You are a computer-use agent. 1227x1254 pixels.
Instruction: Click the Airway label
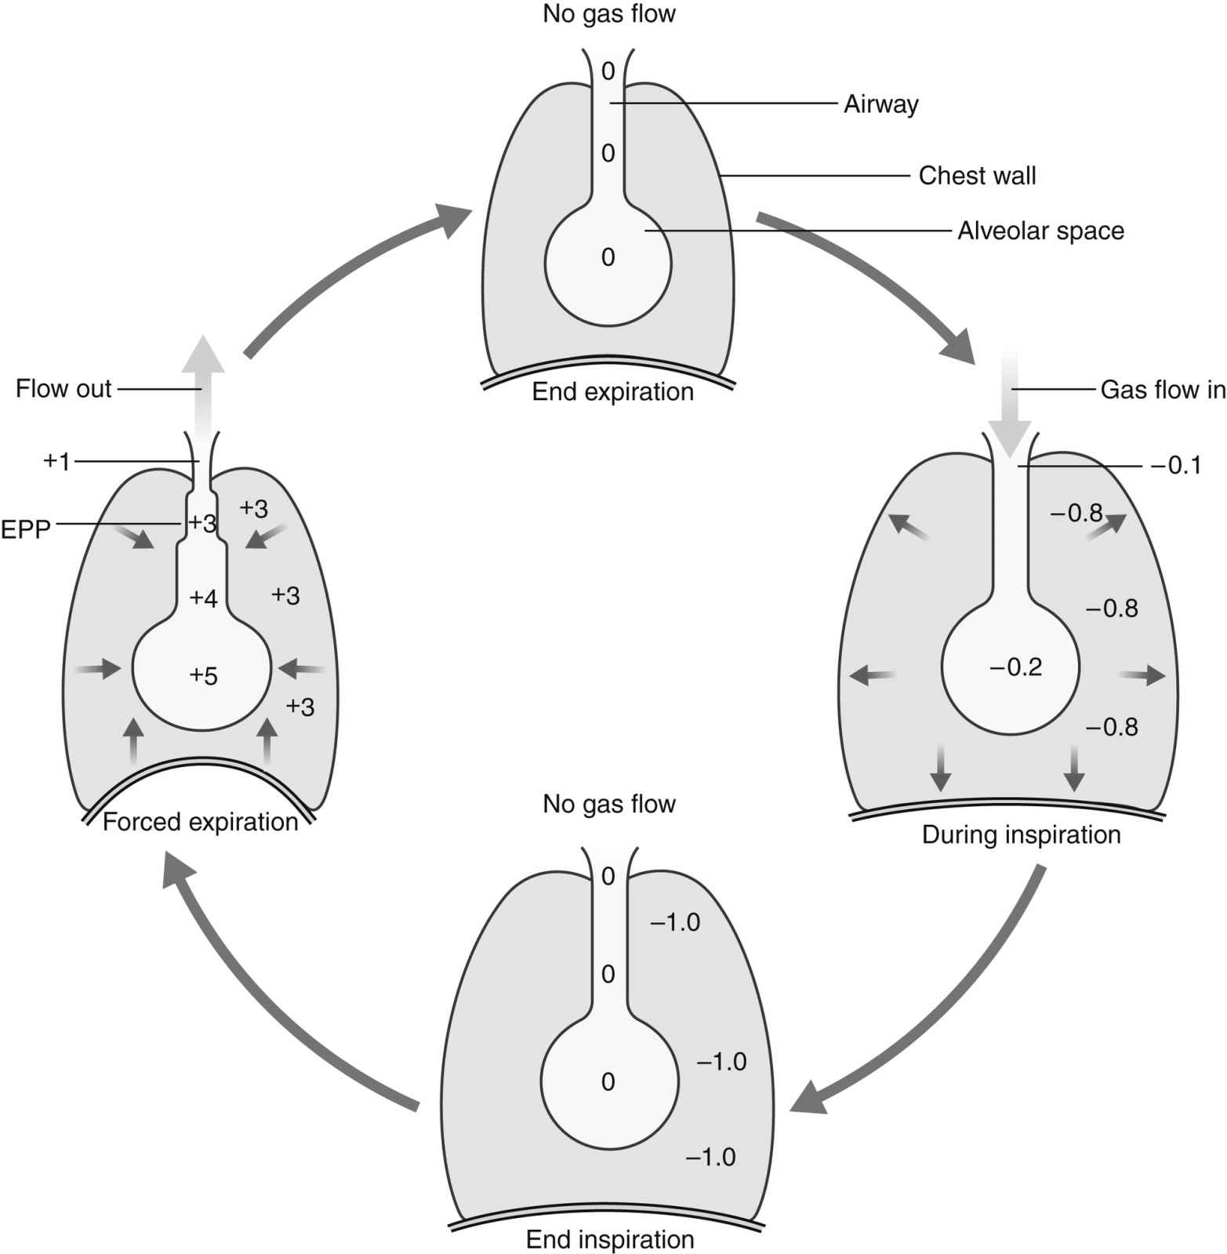pyautogui.click(x=880, y=104)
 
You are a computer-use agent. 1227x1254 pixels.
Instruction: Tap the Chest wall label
pyautogui.click(x=977, y=176)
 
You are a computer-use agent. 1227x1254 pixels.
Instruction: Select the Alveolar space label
pyautogui.click(x=1040, y=231)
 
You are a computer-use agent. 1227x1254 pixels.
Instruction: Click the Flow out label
pyautogui.click(x=64, y=389)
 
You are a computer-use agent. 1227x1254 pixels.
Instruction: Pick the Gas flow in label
pyautogui.click(x=1163, y=390)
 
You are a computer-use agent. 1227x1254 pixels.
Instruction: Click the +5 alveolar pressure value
pyautogui.click(x=204, y=676)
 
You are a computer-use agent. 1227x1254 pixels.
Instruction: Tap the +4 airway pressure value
pyautogui.click(x=204, y=598)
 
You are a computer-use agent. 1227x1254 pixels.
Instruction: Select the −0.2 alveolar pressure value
pyautogui.click(x=1015, y=667)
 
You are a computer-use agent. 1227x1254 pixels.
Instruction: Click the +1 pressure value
pyautogui.click(x=56, y=461)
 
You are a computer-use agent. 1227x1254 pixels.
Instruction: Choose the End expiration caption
pyautogui.click(x=612, y=391)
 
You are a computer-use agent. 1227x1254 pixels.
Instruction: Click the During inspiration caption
pyautogui.click(x=1021, y=834)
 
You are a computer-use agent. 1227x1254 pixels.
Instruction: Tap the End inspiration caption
pyautogui.click(x=610, y=1240)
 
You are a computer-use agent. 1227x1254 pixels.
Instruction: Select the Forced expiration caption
pyautogui.click(x=201, y=822)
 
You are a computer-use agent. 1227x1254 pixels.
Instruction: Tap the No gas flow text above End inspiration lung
pyautogui.click(x=609, y=804)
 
